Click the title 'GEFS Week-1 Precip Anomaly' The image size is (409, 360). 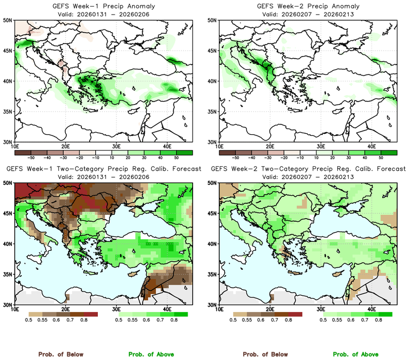(x=102, y=5)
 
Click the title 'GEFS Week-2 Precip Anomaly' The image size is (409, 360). (x=307, y=5)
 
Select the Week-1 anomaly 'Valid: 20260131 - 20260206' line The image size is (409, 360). (x=102, y=14)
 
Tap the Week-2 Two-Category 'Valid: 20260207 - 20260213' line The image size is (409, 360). (x=307, y=177)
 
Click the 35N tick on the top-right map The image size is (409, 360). (x=212, y=111)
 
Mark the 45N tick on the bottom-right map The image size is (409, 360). (x=212, y=214)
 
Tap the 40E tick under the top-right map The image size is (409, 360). (x=372, y=146)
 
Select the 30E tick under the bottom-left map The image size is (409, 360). (x=116, y=309)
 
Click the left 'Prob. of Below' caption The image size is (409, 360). (x=61, y=354)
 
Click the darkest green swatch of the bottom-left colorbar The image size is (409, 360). (x=181, y=314)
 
